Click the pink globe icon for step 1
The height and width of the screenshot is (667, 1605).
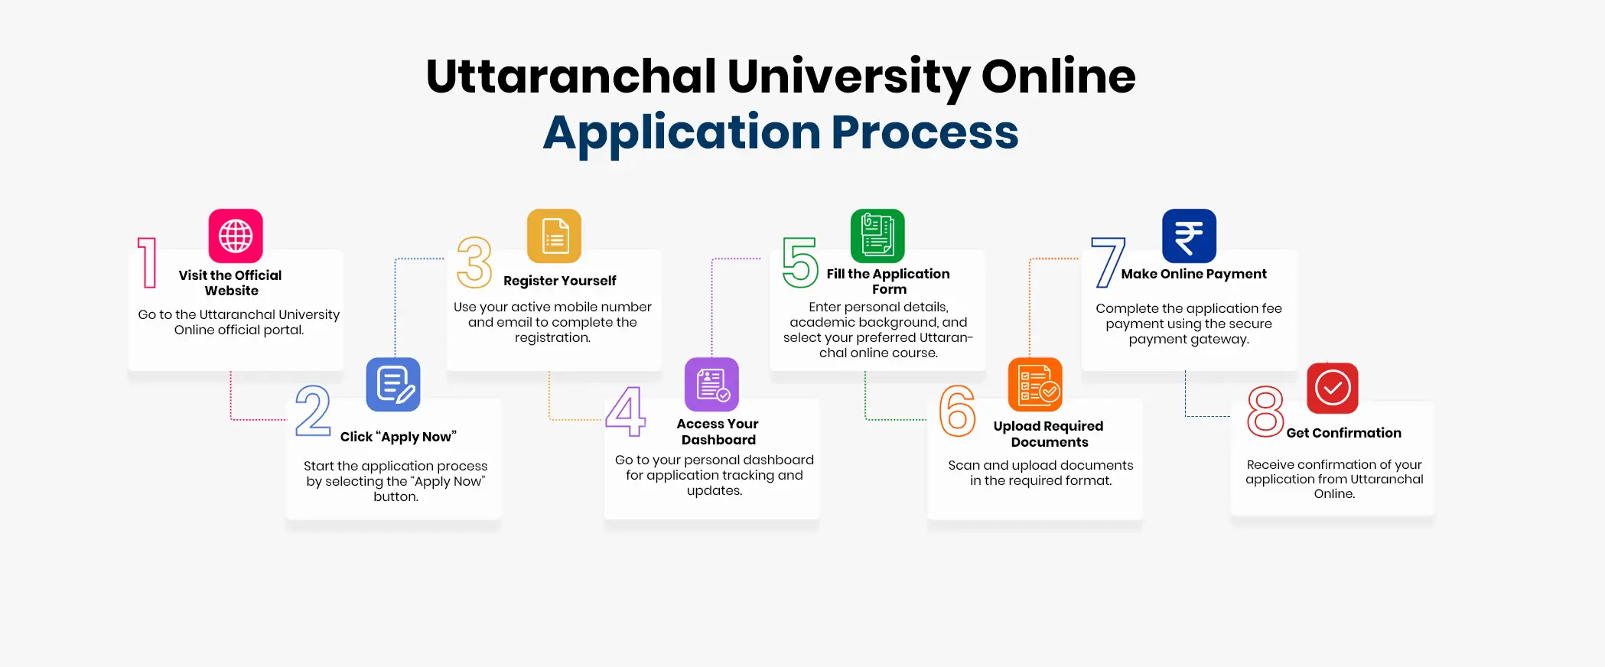pos(236,236)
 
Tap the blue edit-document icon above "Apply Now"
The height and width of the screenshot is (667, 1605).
pos(393,384)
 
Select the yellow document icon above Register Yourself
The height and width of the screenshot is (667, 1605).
pos(554,236)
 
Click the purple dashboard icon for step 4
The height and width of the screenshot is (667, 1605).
pos(711,384)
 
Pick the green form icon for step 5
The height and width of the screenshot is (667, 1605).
pos(877,236)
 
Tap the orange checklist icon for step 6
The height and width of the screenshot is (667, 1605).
pos(1035,384)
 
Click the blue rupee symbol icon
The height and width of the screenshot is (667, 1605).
pos(1189,236)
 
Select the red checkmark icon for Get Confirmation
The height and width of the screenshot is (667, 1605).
pos(1333,388)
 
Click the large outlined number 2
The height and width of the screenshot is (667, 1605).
pos(313,411)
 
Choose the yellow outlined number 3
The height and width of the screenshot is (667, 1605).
pos(474,262)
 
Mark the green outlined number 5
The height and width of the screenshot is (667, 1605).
pos(800,262)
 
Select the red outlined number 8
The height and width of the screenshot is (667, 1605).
pos(1265,411)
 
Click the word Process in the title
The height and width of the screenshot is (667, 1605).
pos(925,133)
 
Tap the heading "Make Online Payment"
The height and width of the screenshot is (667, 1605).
pos(1193,274)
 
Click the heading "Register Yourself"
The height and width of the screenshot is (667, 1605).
pos(559,281)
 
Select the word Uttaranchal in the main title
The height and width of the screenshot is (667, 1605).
pos(571,76)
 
